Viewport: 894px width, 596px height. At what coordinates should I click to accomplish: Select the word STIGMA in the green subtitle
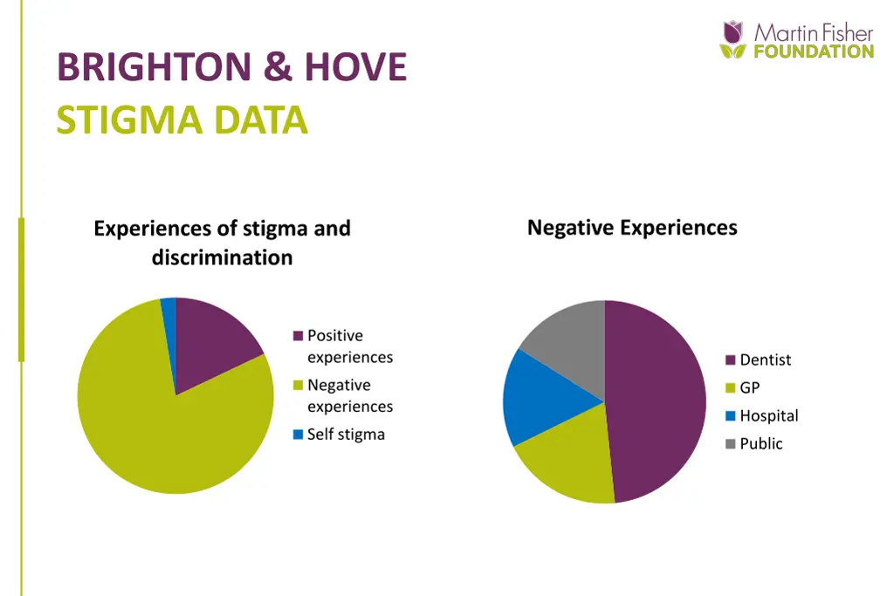(116, 120)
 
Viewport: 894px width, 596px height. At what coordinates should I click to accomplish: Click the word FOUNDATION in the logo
(813, 51)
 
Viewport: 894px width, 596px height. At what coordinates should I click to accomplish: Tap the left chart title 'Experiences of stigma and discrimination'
(222, 243)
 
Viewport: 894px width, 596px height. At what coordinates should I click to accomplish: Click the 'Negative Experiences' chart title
(632, 228)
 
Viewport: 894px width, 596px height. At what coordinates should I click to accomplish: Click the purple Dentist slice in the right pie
(655, 401)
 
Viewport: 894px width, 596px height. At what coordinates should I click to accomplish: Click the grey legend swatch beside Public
(731, 444)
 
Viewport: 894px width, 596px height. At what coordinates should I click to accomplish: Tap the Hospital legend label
(768, 416)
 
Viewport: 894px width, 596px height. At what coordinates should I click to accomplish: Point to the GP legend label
(750, 388)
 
